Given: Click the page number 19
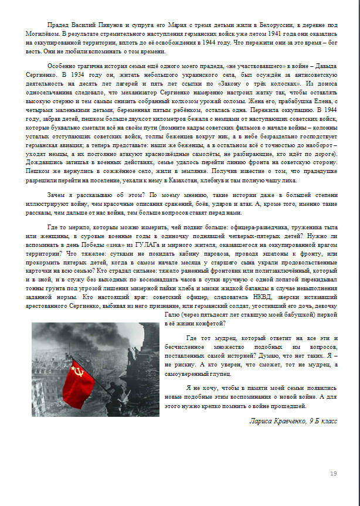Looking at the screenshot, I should [334, 473].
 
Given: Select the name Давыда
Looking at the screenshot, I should [325, 67].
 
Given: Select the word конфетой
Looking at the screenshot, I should [212, 323].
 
